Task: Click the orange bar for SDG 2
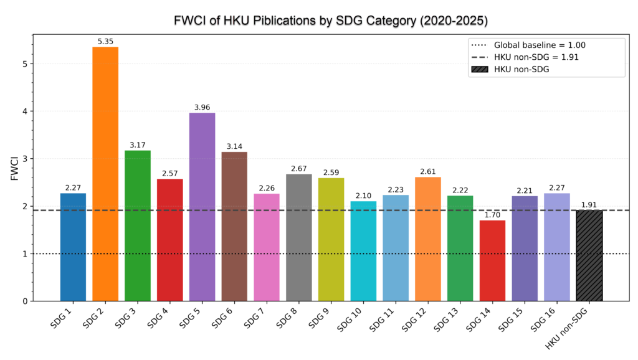pos(105,174)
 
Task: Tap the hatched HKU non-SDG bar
pos(589,255)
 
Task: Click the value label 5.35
pos(105,42)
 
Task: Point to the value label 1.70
pos(492,215)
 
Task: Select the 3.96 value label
pos(202,108)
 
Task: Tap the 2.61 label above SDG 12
pos(427,172)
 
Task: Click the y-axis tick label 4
pos(24,111)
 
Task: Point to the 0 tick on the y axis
pos(24,301)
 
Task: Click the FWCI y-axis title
pos(13,168)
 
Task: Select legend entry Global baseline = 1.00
pos(540,45)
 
